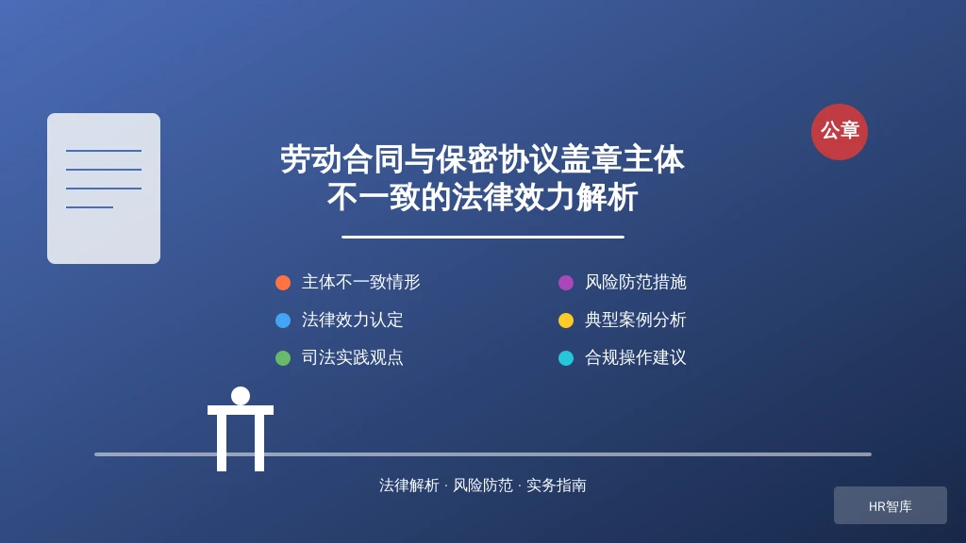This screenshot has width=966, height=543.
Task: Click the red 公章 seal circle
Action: [839, 132]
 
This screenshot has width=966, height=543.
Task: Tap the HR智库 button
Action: [891, 505]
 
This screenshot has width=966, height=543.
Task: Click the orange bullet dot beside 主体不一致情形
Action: [283, 283]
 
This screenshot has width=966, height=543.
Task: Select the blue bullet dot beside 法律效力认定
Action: [283, 321]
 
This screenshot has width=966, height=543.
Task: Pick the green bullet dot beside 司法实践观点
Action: [283, 357]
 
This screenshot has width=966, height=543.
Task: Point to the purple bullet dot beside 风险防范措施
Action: [566, 283]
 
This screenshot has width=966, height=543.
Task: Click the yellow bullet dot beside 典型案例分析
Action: [566, 321]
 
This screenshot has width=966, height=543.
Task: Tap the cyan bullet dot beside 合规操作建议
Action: [566, 357]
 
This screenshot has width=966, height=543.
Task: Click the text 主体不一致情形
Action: [361, 282]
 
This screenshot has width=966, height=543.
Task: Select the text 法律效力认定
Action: [353, 320]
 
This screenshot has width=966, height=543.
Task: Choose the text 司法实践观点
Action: [353, 357]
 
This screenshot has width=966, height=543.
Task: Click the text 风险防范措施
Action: [635, 282]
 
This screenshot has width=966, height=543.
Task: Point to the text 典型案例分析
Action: [635, 320]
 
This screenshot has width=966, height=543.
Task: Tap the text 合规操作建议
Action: [635, 357]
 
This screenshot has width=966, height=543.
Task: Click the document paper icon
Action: [104, 189]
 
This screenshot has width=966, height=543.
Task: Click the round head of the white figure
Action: [241, 396]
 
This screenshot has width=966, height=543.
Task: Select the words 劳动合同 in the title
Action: [342, 159]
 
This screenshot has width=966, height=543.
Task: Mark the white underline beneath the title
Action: [483, 237]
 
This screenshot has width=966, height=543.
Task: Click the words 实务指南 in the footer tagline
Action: [557, 485]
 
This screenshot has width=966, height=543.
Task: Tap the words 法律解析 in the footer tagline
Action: [409, 485]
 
